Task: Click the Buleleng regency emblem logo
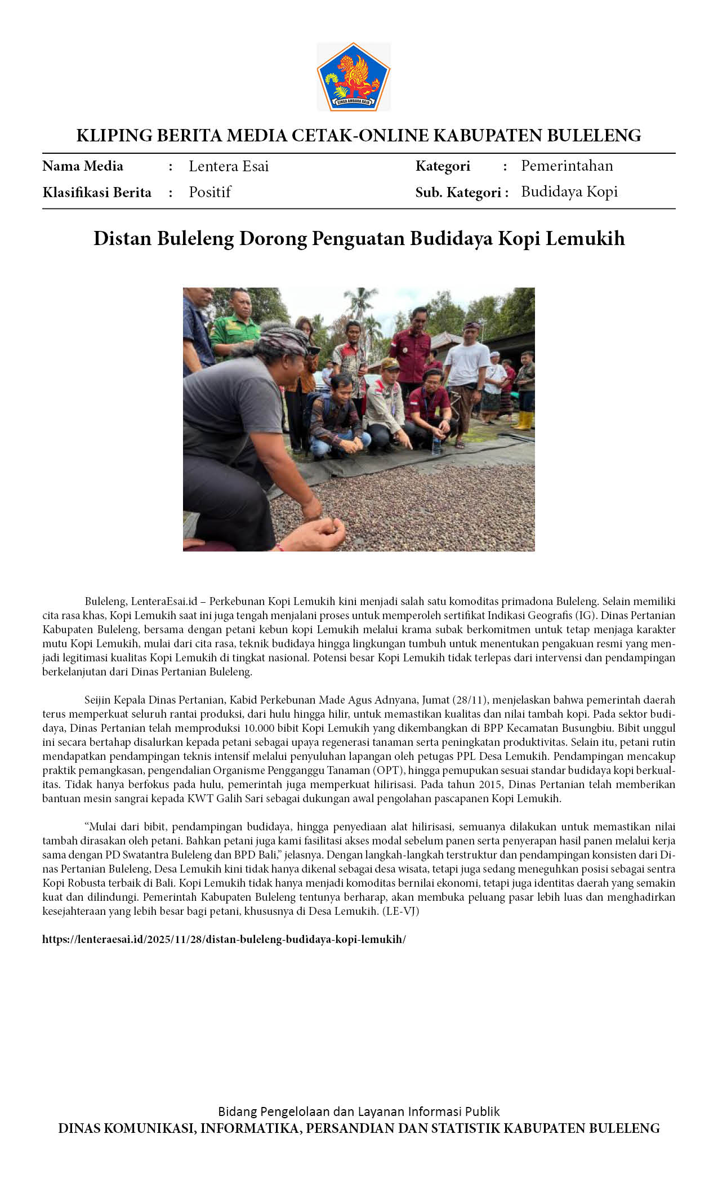click(x=353, y=77)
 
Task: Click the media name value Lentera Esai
click(x=229, y=166)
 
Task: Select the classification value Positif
click(x=209, y=192)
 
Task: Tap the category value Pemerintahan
click(x=567, y=166)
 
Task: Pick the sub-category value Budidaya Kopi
click(x=569, y=192)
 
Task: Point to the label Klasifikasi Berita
click(x=97, y=193)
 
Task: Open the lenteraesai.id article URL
click(x=224, y=939)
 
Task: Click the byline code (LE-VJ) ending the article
click(x=400, y=911)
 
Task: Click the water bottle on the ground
click(x=436, y=444)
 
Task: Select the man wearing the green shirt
click(x=235, y=330)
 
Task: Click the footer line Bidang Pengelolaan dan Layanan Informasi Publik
click(x=359, y=1111)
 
